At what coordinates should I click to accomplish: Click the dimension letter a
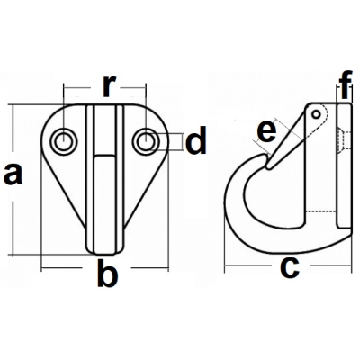coord(13,175)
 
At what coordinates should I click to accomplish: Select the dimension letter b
coord(107,275)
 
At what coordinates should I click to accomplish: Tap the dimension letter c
coord(290,267)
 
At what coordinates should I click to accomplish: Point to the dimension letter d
coord(196,140)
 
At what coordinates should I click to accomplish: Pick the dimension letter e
coord(267,131)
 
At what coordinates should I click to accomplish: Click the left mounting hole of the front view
coord(63,140)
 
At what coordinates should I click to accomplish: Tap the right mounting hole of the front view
coord(146,140)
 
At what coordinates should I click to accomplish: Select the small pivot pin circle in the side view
coord(316,114)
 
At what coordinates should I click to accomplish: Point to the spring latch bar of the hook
coord(287,138)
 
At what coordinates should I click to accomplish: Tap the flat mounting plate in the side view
coord(344,166)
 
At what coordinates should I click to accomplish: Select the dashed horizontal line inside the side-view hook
coord(321,211)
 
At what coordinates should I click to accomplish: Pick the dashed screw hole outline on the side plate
coord(343,141)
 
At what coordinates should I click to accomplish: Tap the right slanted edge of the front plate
coord(146,192)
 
